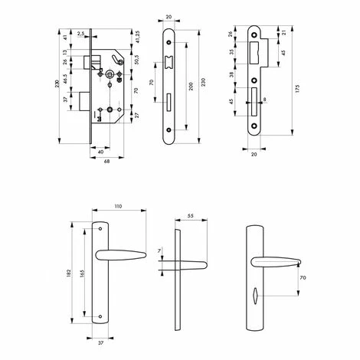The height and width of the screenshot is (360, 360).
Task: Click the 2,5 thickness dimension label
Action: click(x=80, y=33)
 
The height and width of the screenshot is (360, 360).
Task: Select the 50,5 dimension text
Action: click(x=136, y=60)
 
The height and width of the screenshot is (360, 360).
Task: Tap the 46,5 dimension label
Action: click(x=65, y=79)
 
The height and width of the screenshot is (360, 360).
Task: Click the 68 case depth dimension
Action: click(x=106, y=162)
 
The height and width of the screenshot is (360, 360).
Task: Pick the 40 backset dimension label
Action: click(x=101, y=152)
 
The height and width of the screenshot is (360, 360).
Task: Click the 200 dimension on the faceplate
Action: click(x=191, y=87)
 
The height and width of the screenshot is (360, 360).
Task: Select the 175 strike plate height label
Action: click(x=297, y=88)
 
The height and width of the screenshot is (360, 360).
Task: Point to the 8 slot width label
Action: click(x=264, y=99)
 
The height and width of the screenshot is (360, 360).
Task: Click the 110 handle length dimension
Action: click(x=118, y=206)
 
